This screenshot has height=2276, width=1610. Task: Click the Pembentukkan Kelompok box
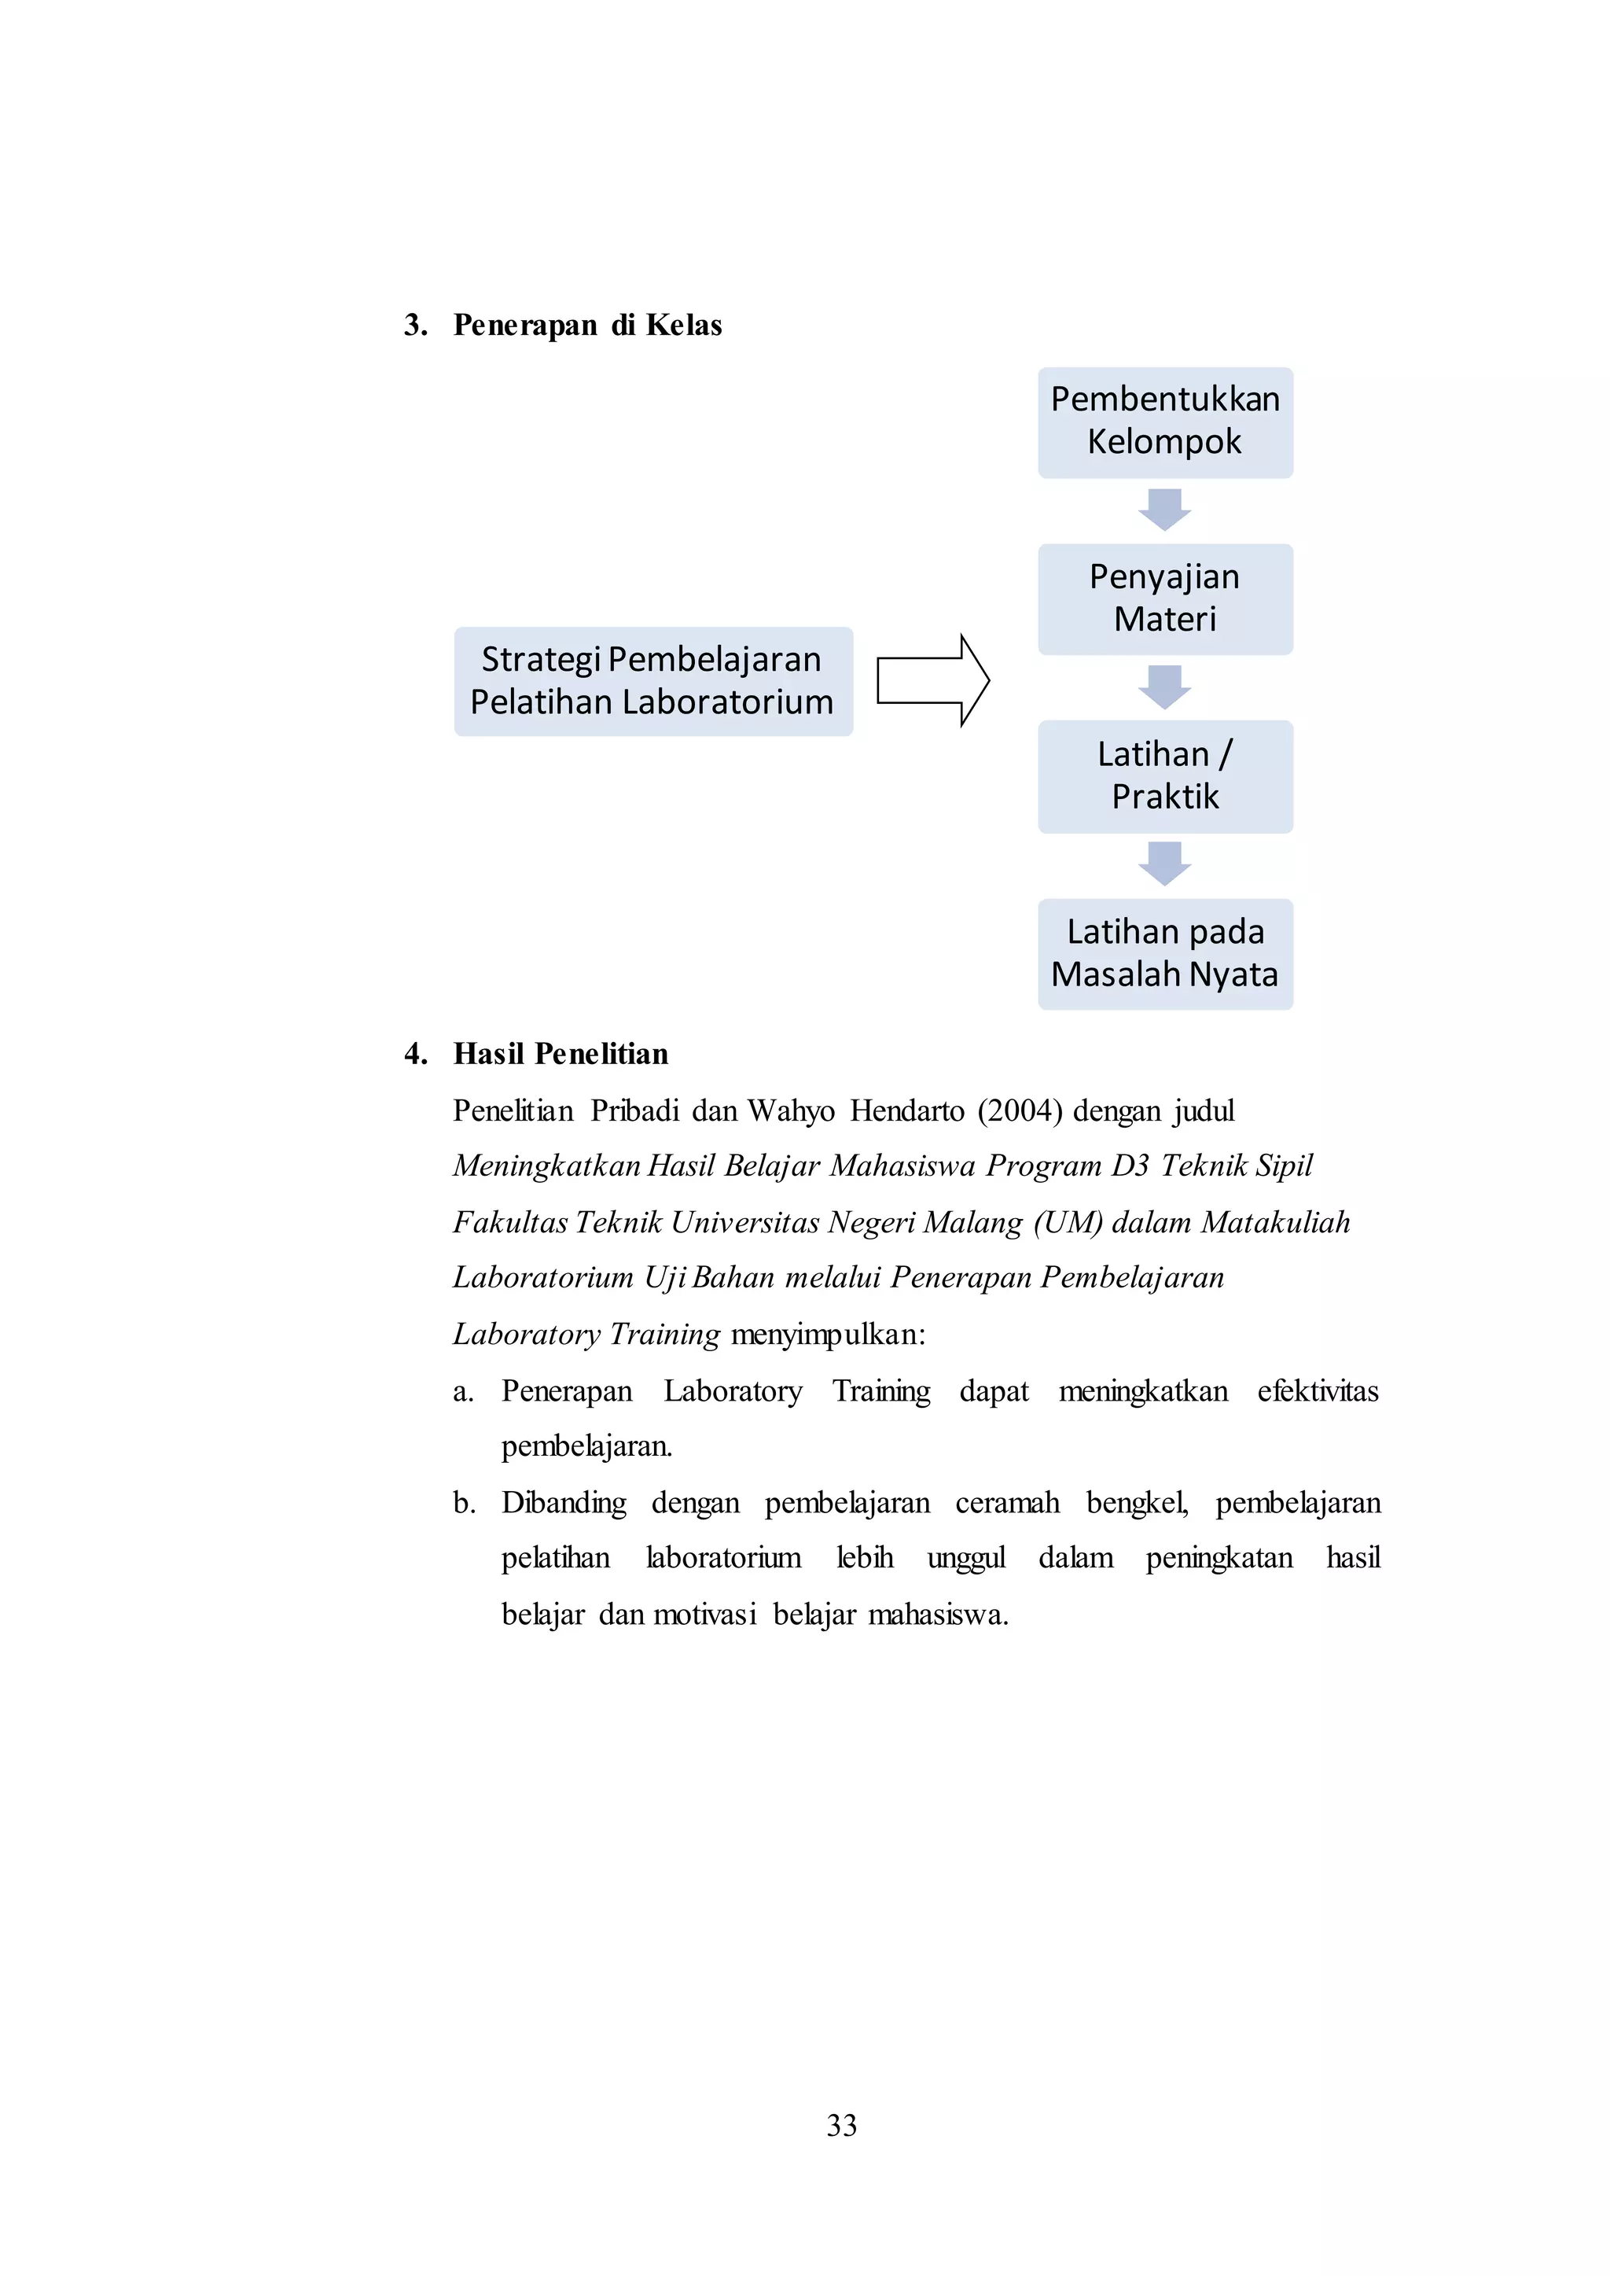(x=1165, y=422)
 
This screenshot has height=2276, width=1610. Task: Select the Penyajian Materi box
(x=1165, y=599)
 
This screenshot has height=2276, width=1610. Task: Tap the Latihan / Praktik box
(x=1165, y=776)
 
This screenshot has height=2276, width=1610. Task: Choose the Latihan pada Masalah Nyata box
(x=1165, y=954)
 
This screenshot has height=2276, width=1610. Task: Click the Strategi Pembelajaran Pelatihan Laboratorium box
(x=652, y=681)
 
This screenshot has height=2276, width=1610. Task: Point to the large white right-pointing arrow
(x=932, y=680)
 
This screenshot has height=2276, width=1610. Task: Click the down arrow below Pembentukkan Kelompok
(x=1164, y=510)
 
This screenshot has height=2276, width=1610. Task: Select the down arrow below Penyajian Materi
(x=1164, y=687)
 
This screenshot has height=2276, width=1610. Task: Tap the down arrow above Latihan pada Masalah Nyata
(x=1164, y=864)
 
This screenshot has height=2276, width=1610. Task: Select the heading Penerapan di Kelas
(x=587, y=326)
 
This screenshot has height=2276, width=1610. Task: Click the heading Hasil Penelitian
(x=561, y=1054)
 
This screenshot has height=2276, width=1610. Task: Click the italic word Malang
(x=972, y=1223)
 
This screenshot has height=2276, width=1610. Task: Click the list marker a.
(x=462, y=1391)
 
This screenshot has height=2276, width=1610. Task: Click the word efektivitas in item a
(x=1318, y=1391)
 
